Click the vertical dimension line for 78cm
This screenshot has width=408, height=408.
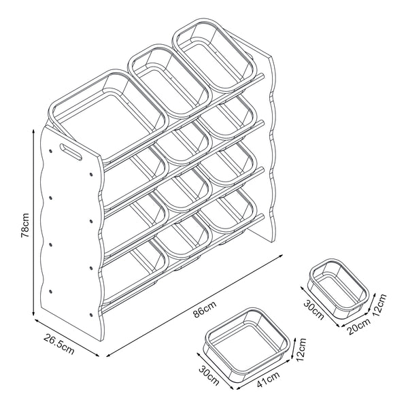[33, 224]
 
